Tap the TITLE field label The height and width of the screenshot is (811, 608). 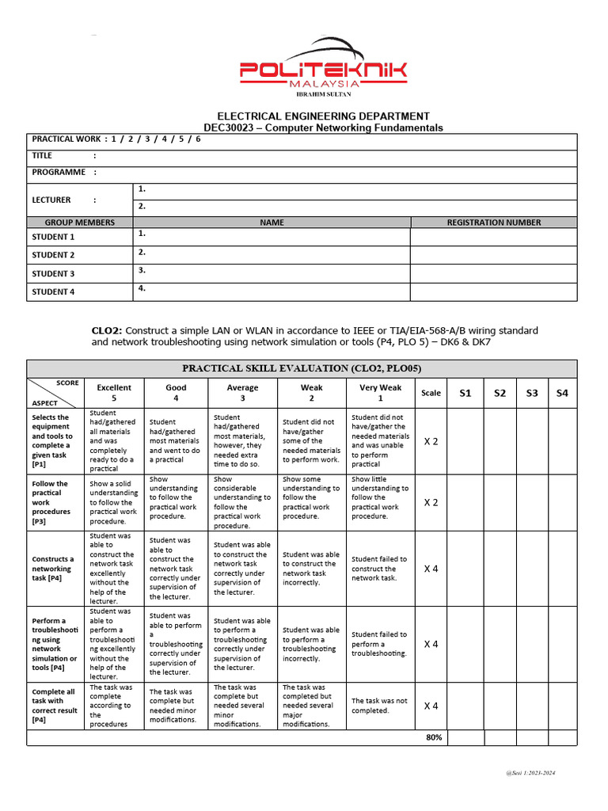point(42,156)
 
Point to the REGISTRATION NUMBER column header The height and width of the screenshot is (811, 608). point(493,223)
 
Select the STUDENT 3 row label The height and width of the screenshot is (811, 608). point(53,273)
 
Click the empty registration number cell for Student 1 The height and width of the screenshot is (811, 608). point(493,237)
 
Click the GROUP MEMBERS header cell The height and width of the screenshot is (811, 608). point(79,223)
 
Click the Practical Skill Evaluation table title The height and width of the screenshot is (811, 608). point(302,368)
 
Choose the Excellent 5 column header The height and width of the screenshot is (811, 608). point(114,393)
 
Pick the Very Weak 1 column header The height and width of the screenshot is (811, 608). point(380,393)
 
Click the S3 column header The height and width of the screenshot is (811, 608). point(531,393)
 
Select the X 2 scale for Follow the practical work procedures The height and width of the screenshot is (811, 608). point(431,502)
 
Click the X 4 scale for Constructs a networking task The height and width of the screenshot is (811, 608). point(431,568)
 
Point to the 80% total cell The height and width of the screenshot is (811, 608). point(433,737)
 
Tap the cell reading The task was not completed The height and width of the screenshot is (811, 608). point(379,706)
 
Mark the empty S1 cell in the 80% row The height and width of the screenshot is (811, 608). point(465,737)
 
